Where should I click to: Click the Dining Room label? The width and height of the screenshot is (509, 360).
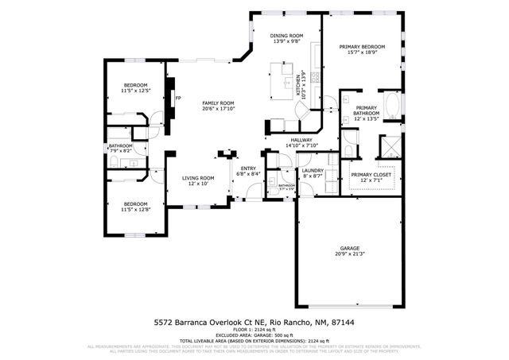tap(287, 36)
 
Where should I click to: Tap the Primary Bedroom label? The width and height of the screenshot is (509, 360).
tap(362, 47)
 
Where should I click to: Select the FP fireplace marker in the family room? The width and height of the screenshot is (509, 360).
tap(177, 99)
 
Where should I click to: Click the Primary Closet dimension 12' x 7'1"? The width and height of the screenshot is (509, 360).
tap(367, 180)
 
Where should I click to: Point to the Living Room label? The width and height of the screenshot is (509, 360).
tap(198, 177)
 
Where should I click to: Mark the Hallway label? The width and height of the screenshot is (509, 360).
tap(301, 140)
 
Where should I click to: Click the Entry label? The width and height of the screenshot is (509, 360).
tap(249, 168)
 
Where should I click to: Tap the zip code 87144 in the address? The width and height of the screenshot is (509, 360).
tap(344, 323)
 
